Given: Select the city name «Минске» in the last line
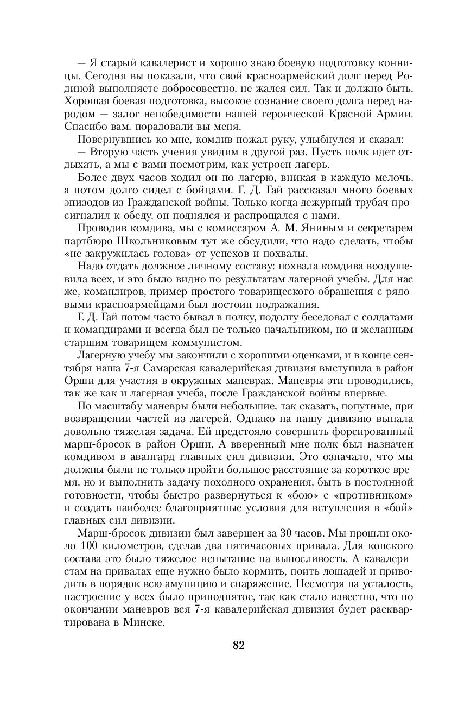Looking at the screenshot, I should click(x=142, y=620).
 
